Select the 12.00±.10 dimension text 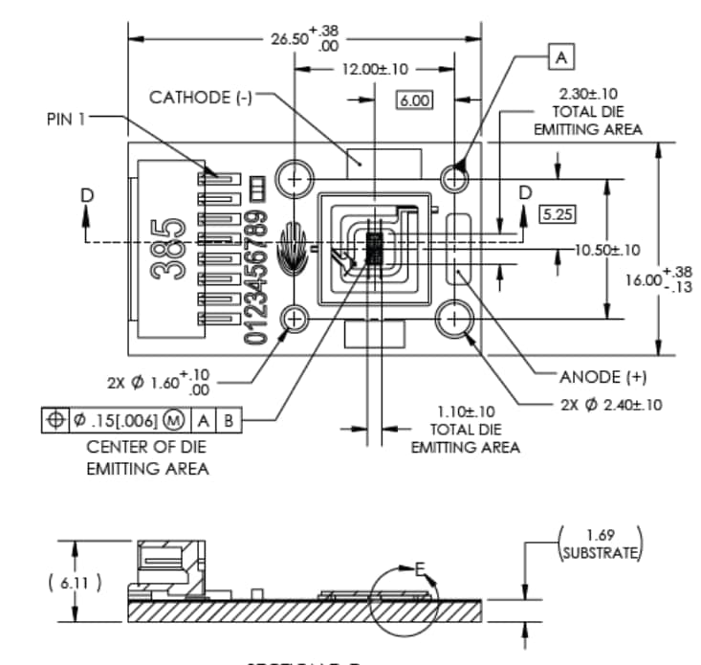click(376, 69)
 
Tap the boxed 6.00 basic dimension click(413, 100)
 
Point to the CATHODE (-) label click(200, 98)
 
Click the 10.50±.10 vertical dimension click(606, 250)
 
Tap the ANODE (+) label click(603, 376)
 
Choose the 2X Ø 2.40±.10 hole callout click(611, 405)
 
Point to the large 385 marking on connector click(171, 247)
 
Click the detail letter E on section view click(419, 570)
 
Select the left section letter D click(87, 194)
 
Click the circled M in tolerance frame click(174, 420)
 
